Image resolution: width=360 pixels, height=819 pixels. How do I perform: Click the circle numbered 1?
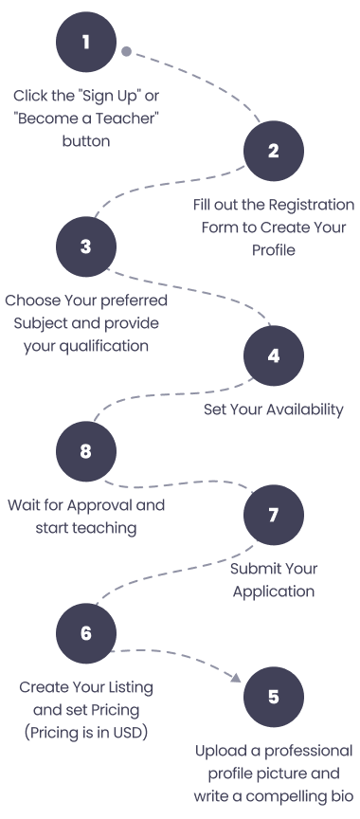pyautogui.click(x=85, y=42)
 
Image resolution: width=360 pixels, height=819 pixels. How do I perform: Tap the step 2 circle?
pyautogui.click(x=273, y=151)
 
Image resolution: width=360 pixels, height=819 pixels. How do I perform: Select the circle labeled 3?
pyautogui.click(x=85, y=246)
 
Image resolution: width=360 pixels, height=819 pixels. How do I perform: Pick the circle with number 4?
pyautogui.click(x=273, y=356)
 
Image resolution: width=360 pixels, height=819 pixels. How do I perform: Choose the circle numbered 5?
pyautogui.click(x=273, y=697)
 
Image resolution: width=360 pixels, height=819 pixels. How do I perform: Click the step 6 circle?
pyautogui.click(x=85, y=632)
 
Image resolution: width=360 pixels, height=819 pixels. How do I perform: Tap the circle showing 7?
pyautogui.click(x=273, y=516)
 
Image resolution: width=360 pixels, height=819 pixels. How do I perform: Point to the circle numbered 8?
pyautogui.click(x=85, y=451)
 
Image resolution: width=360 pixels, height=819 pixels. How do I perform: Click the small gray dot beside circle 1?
pyautogui.click(x=126, y=50)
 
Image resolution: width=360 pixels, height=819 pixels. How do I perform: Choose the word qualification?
pyautogui.click(x=106, y=346)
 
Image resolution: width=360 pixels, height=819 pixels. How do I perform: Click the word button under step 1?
pyautogui.click(x=86, y=141)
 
